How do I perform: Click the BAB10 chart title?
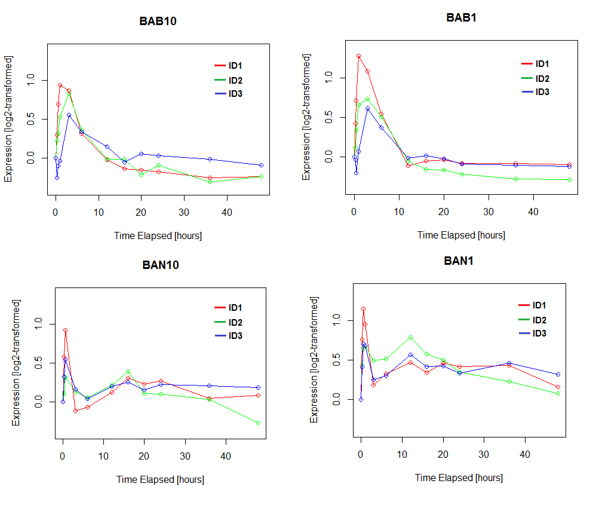tap(158, 21)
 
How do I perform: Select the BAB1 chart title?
tap(461, 17)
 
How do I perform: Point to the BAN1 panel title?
tap(459, 261)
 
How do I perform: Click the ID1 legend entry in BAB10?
tap(235, 66)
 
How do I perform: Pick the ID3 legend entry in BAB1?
tap(542, 92)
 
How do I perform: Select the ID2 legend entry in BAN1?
tap(539, 320)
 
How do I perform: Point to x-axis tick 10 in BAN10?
tap(103, 456)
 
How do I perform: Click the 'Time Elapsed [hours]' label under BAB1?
tap(461, 235)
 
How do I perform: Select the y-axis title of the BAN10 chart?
tap(16, 363)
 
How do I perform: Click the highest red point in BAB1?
tap(358, 56)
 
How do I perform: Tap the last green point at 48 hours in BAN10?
tap(258, 423)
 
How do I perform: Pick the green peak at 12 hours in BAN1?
tap(410, 338)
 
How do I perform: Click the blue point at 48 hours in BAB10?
tap(261, 165)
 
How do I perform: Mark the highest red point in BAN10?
tap(65, 330)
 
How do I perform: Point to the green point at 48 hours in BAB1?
tap(569, 179)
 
